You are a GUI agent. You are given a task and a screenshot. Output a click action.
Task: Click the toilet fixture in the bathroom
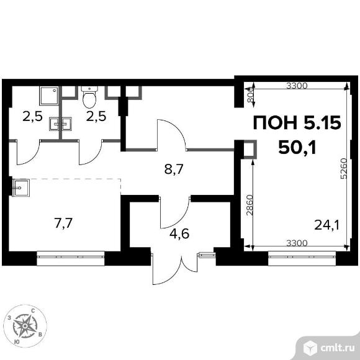89,97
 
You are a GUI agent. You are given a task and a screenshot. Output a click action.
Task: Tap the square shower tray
49,96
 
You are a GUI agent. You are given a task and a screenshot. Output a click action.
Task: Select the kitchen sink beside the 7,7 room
21,188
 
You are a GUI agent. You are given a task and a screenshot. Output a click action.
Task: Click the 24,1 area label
326,225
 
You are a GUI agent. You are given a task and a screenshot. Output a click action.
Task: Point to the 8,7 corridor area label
174,169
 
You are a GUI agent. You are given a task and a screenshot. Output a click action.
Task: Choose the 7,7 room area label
63,223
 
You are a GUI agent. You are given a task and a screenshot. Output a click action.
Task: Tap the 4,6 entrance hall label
179,234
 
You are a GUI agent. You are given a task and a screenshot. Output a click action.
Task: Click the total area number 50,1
297,148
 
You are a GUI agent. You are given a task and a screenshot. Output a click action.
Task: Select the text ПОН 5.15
297,123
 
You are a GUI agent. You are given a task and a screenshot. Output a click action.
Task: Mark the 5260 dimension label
344,169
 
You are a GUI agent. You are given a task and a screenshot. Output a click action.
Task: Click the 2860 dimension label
249,205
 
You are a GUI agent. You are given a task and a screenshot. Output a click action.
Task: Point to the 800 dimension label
251,94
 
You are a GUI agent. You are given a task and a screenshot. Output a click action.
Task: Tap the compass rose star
25,325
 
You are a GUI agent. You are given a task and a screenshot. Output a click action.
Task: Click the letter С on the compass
33,311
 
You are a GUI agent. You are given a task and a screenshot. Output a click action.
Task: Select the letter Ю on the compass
17,342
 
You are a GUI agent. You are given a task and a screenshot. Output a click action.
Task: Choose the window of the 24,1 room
302,258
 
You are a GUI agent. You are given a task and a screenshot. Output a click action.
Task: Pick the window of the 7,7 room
71,258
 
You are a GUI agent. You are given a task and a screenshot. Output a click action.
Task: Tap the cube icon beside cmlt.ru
311,349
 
